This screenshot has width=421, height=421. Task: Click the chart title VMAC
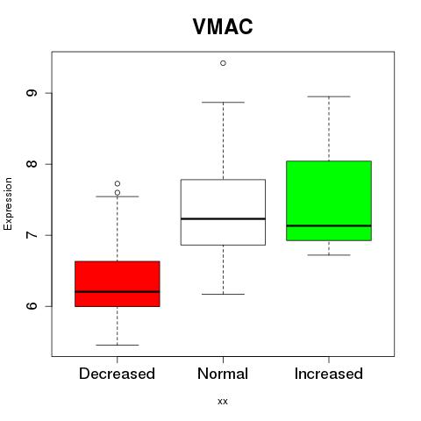tap(223, 26)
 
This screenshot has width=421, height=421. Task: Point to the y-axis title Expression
tap(8, 203)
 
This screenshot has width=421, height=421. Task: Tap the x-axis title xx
tap(223, 401)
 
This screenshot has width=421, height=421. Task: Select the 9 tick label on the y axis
tap(32, 93)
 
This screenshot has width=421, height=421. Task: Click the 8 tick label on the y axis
tap(32, 164)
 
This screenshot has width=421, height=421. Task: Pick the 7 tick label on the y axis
tap(32, 235)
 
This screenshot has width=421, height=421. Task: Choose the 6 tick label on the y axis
tap(32, 306)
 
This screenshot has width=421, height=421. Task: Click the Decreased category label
tap(117, 374)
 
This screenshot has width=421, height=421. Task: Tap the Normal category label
tap(223, 374)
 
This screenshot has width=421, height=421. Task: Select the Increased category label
tap(329, 374)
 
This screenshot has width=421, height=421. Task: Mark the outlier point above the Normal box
tap(223, 63)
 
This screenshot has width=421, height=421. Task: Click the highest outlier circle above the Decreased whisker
tap(118, 183)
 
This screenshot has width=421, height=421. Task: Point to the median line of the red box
tap(118, 291)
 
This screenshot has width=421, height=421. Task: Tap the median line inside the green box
tap(329, 225)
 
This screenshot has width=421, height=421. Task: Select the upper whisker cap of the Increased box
tap(329, 96)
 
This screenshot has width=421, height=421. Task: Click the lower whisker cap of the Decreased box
tap(118, 345)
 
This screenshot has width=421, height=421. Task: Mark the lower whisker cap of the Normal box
tap(223, 294)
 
